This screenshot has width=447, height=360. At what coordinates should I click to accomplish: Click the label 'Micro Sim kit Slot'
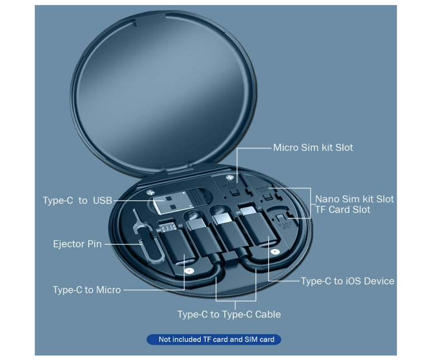click(313, 148)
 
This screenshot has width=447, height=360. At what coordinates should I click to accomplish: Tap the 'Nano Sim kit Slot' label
click(354, 199)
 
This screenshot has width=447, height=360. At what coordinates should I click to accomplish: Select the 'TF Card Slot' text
click(343, 210)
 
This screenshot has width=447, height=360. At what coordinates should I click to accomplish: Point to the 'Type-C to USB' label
click(78, 200)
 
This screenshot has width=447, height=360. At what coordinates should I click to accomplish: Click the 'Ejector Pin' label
click(77, 244)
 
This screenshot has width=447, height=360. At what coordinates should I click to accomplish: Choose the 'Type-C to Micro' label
click(87, 290)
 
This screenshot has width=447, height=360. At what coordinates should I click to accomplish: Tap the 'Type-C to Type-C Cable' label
click(229, 314)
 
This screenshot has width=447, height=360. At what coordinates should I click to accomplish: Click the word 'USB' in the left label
click(102, 200)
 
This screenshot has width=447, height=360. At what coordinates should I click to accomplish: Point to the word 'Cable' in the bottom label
click(266, 314)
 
